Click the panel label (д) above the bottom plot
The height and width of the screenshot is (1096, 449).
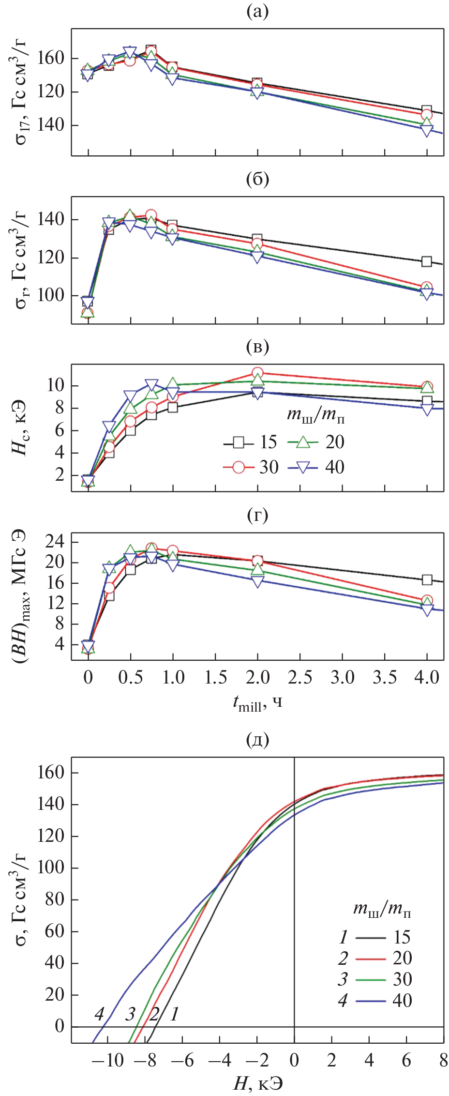pyautogui.click(x=257, y=739)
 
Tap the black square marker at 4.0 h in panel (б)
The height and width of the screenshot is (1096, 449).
pyautogui.click(x=426, y=261)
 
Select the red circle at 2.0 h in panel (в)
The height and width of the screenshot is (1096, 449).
pyautogui.click(x=257, y=373)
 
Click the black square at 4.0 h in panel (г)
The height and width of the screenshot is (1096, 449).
pyautogui.click(x=426, y=579)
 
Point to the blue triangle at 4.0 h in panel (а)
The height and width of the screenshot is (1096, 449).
pyautogui.click(x=426, y=130)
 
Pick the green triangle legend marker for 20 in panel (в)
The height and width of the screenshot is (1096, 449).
pyautogui.click(x=303, y=442)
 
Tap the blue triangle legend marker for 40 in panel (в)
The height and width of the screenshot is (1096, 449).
pyautogui.click(x=303, y=467)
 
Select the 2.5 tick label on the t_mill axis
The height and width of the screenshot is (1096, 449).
pyautogui.click(x=300, y=677)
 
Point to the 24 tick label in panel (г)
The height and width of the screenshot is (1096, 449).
pyautogui.click(x=55, y=541)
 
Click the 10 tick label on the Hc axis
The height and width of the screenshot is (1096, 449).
pyautogui.click(x=55, y=386)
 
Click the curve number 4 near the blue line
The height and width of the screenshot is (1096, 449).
pyautogui.click(x=99, y=1014)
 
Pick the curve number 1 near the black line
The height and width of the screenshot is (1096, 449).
pyautogui.click(x=175, y=1014)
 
